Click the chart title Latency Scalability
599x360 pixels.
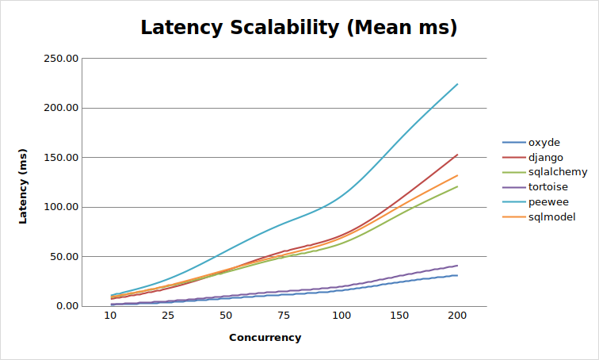tap(299, 28)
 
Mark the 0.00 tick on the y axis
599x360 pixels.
tap(65, 306)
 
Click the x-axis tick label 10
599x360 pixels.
tap(111, 316)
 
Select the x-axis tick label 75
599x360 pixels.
tap(284, 316)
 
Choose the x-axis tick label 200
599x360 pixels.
tap(457, 316)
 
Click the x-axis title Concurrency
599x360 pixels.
tap(265, 338)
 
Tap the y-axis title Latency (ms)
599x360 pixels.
tap(24, 186)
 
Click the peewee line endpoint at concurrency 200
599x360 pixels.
tap(457, 84)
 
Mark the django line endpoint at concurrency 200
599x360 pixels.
tap(457, 155)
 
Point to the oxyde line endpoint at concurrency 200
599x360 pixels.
tap(457, 275)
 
